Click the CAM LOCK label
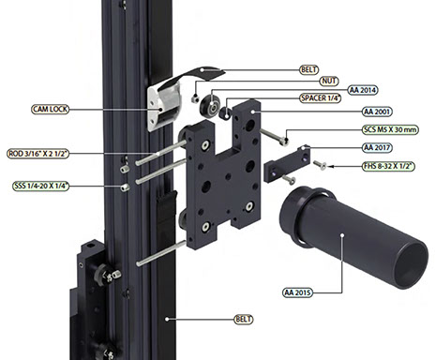pos(50,109)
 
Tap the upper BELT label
pos(308,69)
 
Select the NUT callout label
pos(329,81)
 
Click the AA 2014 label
pos(363,90)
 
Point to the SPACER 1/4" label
pos(320,98)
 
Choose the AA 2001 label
pos(377,112)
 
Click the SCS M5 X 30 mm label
pos(390,129)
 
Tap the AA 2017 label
pos(377,147)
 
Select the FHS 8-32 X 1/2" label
pos(388,166)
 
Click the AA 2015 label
pos(297,292)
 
